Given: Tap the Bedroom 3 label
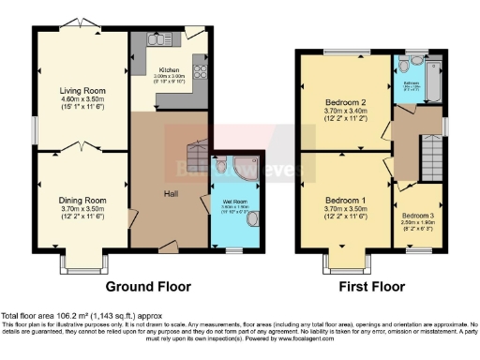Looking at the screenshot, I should (x=417, y=216).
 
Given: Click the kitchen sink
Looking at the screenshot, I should (x=157, y=38).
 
